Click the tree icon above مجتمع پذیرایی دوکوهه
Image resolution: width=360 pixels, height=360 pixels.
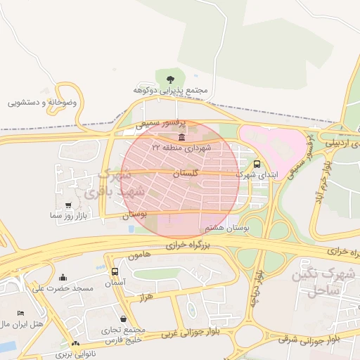[x=169, y=78]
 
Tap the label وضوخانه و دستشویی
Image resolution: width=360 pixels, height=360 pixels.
[x=42, y=102]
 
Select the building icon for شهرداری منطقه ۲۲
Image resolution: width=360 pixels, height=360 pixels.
[x=182, y=136]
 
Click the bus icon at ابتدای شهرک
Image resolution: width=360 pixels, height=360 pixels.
[x=256, y=162]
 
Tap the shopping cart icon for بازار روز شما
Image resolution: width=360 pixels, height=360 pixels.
[x=68, y=205]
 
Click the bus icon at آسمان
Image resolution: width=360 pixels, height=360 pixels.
[x=115, y=271]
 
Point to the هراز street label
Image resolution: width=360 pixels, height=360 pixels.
[x=146, y=298]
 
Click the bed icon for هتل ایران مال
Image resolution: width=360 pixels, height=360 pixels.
[x=20, y=313]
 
